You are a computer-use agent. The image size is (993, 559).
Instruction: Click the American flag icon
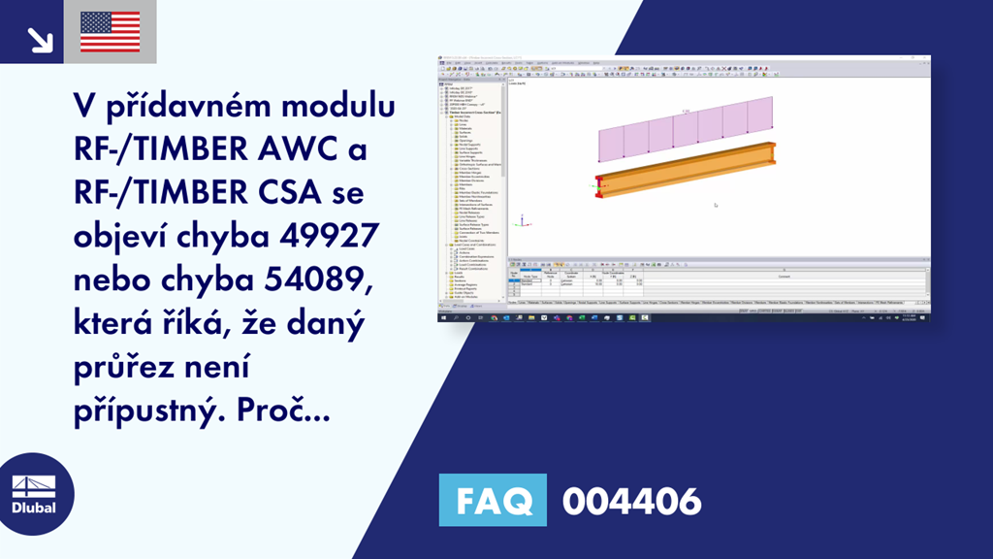coord(111,32)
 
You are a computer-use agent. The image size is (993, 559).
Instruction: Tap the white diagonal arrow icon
coord(40,38)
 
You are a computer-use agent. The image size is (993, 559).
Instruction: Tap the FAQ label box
coord(493,501)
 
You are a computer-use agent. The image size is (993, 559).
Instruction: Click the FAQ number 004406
coord(631,502)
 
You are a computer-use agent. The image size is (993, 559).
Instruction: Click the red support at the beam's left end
coord(598,185)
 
